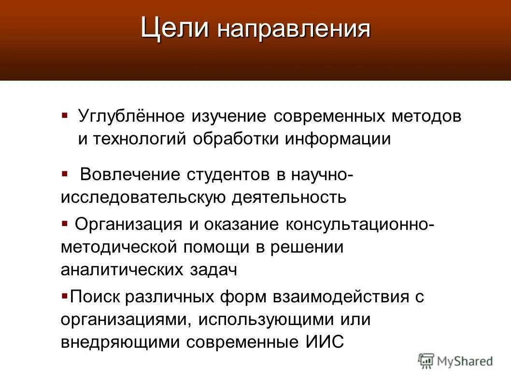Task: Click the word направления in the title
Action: [294, 30]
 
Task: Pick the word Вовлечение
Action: [130, 174]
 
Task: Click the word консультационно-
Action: [358, 225]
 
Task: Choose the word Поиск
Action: [95, 297]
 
